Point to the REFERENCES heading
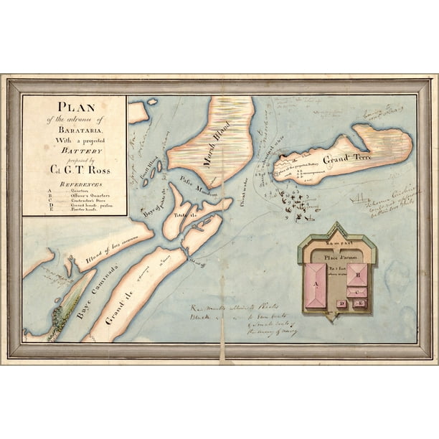pyautogui.click(x=75, y=184)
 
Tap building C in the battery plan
pyautogui.click(x=357, y=292)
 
